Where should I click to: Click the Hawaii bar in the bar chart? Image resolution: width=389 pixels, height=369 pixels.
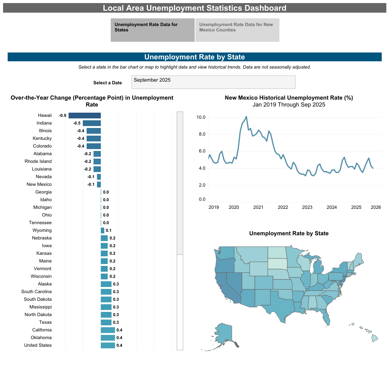pyautogui.click(x=85, y=115)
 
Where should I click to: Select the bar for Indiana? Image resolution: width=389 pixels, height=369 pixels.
pyautogui.click(x=92, y=123)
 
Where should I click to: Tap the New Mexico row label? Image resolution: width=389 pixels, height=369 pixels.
pyautogui.click(x=39, y=184)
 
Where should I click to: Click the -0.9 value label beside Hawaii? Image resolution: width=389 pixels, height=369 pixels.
pyautogui.click(x=62, y=115)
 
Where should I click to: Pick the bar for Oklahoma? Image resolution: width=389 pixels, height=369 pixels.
pyautogui.click(x=108, y=338)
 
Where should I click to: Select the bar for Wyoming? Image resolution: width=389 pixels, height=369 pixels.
pyautogui.click(x=102, y=230)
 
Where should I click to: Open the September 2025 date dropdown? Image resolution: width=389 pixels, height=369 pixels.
pyautogui.click(x=213, y=82)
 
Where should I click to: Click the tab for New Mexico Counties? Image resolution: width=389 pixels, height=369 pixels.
pyautogui.click(x=237, y=30)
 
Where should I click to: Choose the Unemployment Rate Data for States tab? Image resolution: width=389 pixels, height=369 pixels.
pyautogui.click(x=153, y=30)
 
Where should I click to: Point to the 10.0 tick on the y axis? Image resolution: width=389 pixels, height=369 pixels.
pyautogui.click(x=201, y=117)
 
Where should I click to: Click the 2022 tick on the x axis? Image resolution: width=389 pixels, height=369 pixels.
pyautogui.click(x=283, y=207)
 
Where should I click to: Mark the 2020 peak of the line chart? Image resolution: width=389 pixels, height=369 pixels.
pyautogui.click(x=246, y=116)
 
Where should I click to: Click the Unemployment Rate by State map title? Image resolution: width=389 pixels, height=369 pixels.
pyautogui.click(x=289, y=233)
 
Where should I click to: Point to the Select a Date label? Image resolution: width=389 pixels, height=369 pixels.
pyautogui.click(x=107, y=83)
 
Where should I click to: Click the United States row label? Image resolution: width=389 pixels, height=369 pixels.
pyautogui.click(x=38, y=345)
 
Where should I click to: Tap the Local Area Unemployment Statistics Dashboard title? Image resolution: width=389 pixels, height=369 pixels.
pyautogui.click(x=194, y=8)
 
